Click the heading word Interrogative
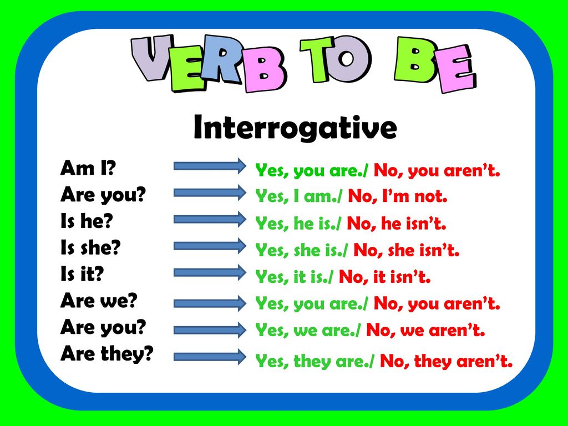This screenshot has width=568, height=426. tap(295, 128)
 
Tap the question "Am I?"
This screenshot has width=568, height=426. tap(88, 168)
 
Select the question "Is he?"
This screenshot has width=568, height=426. tap(87, 221)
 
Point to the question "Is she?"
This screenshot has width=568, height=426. tap(90, 247)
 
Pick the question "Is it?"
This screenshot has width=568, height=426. tap(82, 273)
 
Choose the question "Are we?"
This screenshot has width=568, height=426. tap(99, 300)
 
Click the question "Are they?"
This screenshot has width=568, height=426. tap(107, 354)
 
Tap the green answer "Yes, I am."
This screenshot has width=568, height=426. tap(298, 196)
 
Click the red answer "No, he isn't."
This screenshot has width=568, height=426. tap(396, 223)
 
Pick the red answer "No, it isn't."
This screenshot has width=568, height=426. tap(385, 277)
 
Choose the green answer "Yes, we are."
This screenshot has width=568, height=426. tap(308, 330)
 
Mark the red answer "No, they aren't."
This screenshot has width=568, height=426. tap(447, 361)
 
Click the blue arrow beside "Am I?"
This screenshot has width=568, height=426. tap(210, 166)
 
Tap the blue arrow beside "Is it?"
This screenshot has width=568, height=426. tap(210, 272)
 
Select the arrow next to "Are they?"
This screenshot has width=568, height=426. tap(210, 357)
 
